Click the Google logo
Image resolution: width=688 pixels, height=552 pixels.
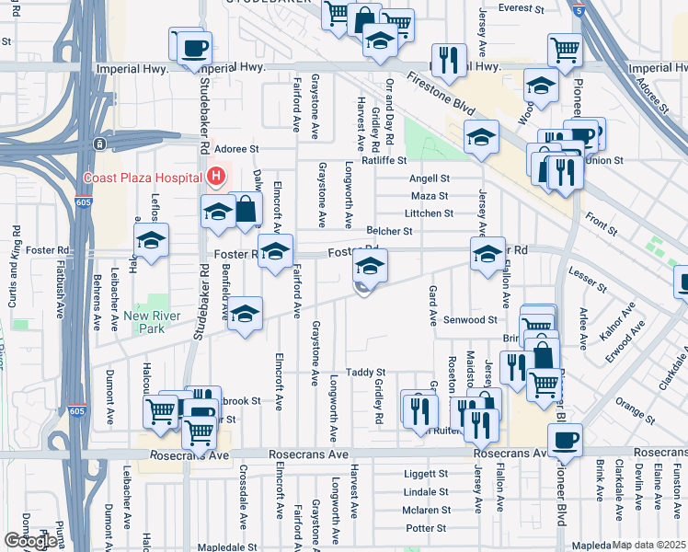click(30, 541)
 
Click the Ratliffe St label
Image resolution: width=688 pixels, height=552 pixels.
click(384, 160)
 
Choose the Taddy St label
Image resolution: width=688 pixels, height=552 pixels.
click(365, 372)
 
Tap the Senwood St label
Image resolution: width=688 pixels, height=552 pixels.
click(470, 320)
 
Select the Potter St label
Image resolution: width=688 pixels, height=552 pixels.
click(426, 528)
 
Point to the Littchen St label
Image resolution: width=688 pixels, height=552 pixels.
click(429, 213)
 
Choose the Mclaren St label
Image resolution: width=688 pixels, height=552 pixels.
click(426, 510)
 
